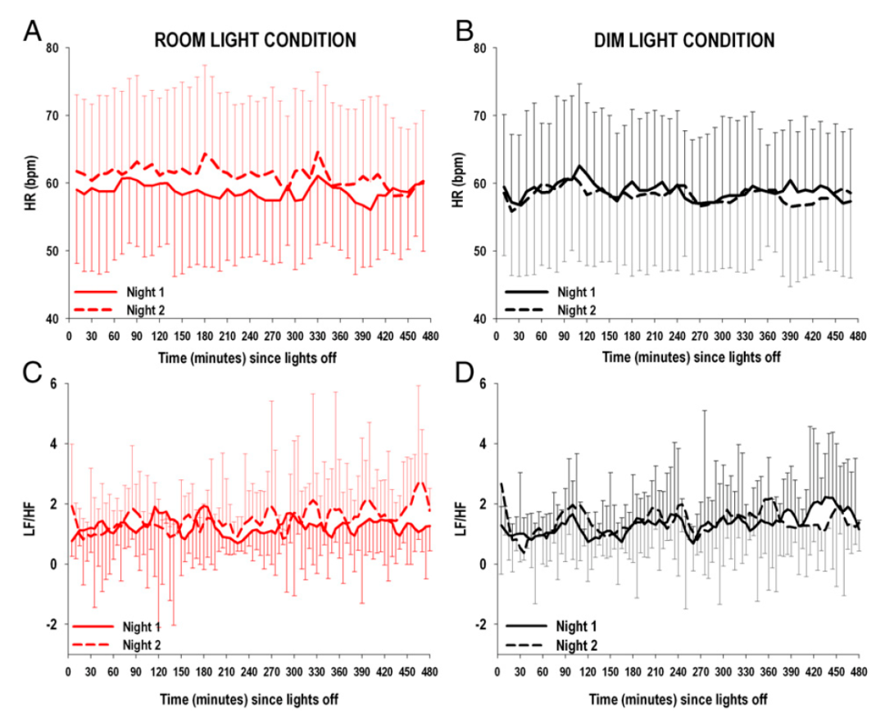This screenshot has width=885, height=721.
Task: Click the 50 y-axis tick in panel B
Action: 481,251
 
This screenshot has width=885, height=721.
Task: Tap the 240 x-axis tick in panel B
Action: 677,335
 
